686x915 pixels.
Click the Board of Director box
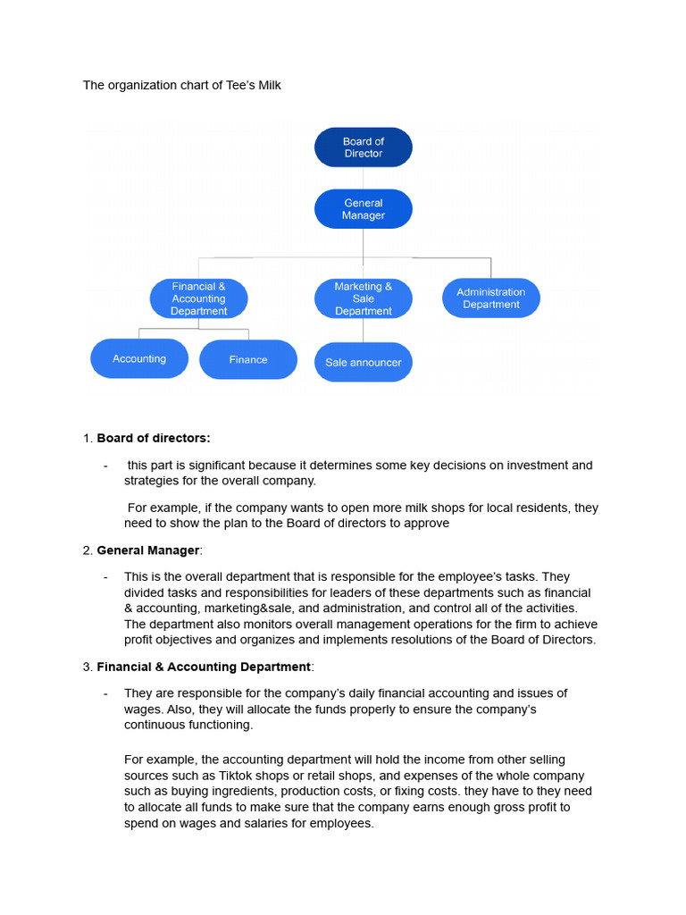[363, 147]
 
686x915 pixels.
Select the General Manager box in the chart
[363, 209]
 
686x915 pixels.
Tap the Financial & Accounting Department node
[199, 298]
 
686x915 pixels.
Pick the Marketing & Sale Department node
[363, 298]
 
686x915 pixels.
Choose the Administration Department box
[490, 298]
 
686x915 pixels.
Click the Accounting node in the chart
[139, 358]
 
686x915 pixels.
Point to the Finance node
[248, 359]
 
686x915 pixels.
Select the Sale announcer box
[363, 362]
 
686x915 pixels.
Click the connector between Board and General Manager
[363, 178]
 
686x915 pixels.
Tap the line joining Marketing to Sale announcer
[363, 331]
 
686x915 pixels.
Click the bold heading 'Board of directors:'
[154, 438]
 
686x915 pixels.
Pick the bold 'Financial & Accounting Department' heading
[205, 667]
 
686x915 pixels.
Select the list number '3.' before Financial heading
[88, 667]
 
